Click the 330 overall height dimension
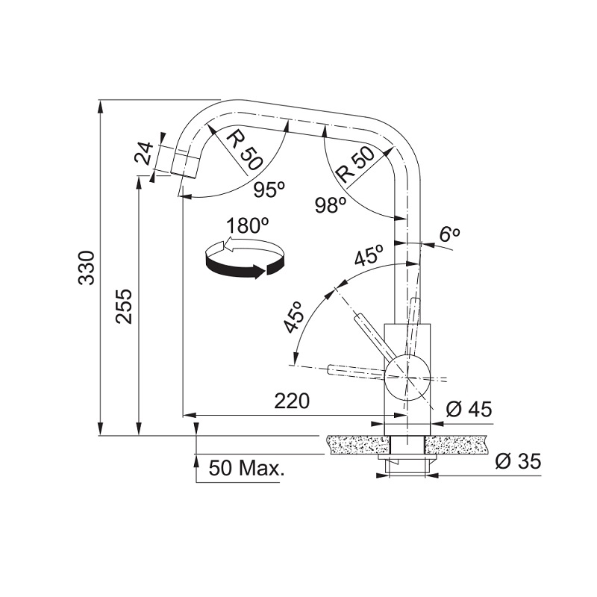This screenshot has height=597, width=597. [x=86, y=268]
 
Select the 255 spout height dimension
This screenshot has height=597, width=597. [x=125, y=307]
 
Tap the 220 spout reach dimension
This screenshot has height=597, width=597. [x=292, y=401]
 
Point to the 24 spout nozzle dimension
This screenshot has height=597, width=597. [x=145, y=153]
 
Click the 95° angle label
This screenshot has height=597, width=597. [x=269, y=190]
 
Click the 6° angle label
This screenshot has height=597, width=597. [x=450, y=234]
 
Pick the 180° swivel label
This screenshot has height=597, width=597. [x=248, y=225]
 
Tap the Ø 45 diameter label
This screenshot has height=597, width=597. [x=469, y=409]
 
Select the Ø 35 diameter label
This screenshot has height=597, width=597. [x=518, y=462]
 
